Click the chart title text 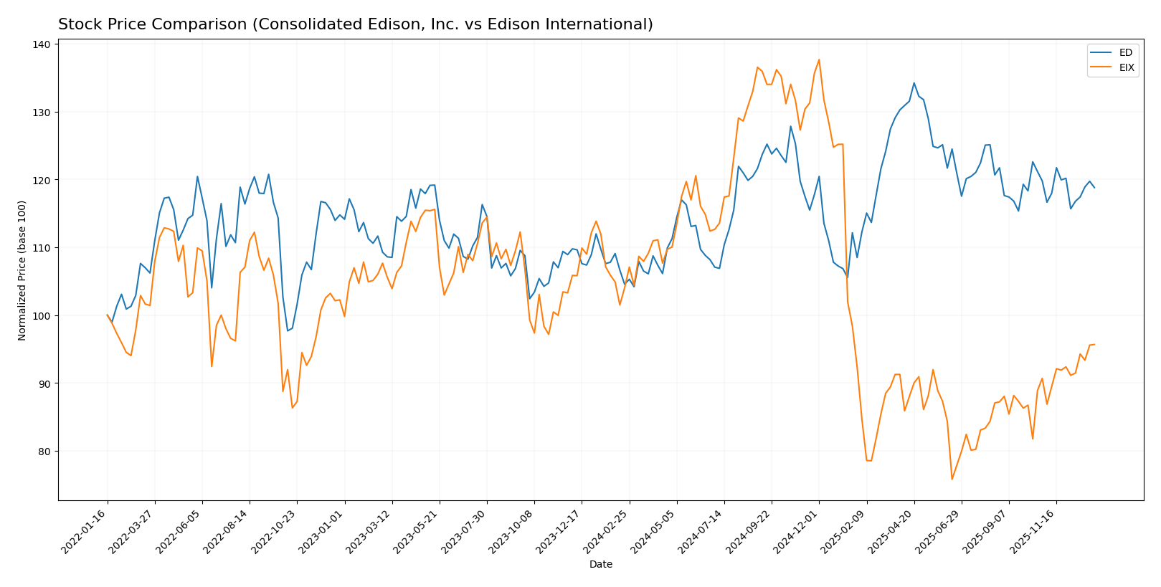point(355,24)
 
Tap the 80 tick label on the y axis point(44,452)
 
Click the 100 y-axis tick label point(42,316)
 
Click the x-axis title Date point(601,565)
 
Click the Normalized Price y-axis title point(22,270)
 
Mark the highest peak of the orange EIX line point(819,59)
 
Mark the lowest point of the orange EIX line point(952,479)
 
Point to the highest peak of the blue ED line point(914,82)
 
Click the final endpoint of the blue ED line point(1094,188)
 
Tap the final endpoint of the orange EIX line point(1094,344)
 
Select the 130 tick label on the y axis point(42,113)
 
